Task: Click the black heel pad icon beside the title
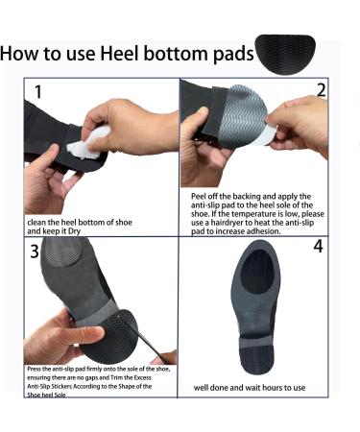point(297,54)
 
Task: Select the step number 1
point(38,93)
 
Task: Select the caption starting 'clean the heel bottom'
point(82,227)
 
